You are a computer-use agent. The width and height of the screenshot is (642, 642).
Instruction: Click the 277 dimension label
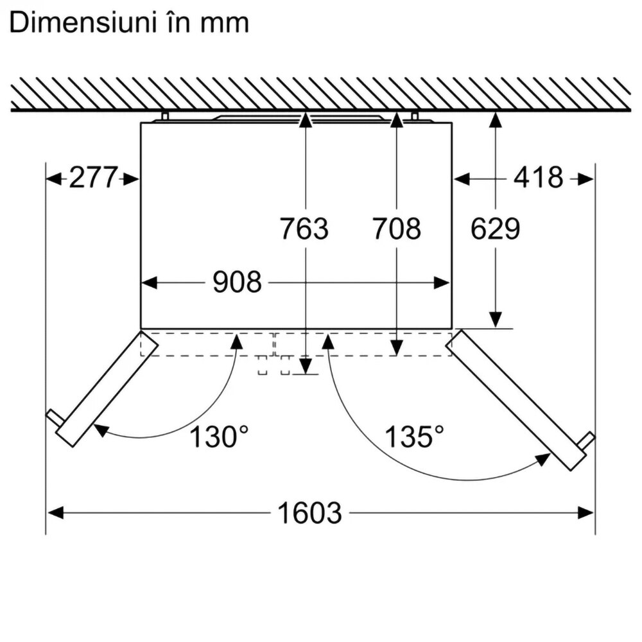94,177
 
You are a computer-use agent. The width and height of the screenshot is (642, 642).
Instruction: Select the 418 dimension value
539,177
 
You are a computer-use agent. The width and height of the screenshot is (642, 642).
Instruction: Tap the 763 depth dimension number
304,229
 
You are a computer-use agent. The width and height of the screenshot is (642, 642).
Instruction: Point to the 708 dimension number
396,229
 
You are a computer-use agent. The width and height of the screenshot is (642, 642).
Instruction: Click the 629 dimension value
496,229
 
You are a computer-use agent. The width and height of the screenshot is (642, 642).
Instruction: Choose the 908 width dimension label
237,282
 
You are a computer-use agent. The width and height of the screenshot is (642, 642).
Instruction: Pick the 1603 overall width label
309,512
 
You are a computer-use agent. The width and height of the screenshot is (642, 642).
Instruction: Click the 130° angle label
219,437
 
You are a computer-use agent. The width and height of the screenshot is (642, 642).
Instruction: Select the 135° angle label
414,437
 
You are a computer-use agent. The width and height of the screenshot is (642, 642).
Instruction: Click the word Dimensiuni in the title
83,22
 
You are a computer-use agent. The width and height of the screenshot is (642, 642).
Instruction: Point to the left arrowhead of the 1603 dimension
56,512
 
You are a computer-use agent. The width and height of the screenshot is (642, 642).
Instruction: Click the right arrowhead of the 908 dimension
442,282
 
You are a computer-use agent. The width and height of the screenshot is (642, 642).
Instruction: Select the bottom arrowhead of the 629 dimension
496,319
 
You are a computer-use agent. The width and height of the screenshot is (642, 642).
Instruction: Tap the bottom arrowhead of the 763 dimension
306,367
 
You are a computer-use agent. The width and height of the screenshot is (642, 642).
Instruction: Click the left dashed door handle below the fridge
263,365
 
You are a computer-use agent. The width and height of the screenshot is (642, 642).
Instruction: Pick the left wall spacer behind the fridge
165,116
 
